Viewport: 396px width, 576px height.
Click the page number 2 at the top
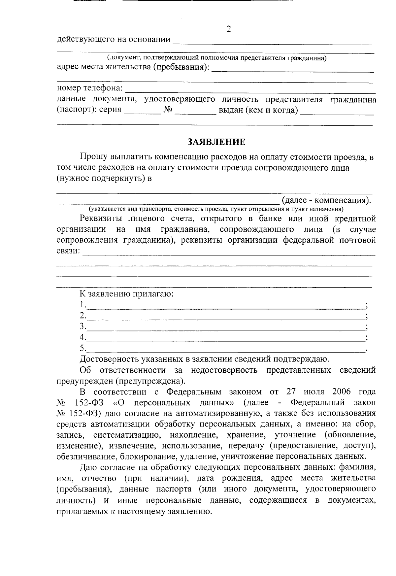tap(229, 29)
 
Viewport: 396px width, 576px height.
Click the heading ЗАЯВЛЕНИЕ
tap(216, 142)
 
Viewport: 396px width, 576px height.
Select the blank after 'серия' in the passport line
tap(142, 112)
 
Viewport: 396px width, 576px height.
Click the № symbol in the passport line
tap(168, 110)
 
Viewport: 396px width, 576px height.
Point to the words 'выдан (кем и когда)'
tap(258, 110)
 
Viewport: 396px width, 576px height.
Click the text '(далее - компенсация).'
tap(326, 200)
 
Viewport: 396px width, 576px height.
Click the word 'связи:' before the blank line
tap(68, 251)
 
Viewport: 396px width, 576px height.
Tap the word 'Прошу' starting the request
tap(93, 157)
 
